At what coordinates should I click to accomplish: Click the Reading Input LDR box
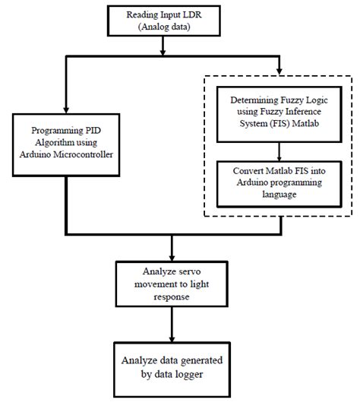(164, 21)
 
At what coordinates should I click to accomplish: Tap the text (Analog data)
(164, 27)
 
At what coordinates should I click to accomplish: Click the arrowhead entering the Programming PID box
(66, 109)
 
